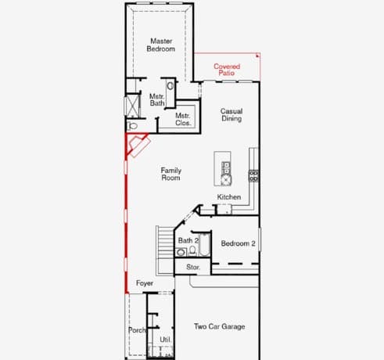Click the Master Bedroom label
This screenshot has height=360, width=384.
pos(161,45)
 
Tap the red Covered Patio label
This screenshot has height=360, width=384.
pos(227,70)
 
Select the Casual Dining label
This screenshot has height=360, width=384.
pos(231,115)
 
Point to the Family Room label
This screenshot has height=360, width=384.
pos(170,174)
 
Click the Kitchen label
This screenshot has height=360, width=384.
pos(229,197)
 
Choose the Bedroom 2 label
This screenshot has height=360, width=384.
pos(238,243)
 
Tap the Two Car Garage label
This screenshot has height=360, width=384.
pos(220,326)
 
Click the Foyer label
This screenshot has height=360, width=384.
pos(145,283)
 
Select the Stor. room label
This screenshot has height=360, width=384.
pos(193,267)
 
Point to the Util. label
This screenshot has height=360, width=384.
pos(165,340)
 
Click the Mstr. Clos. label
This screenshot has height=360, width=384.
pos(183,119)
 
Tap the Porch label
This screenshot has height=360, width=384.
pos(137,330)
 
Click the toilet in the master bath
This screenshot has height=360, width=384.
pos(132,126)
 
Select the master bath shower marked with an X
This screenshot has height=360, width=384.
pos(132,106)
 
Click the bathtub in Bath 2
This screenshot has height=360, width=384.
pos(204,244)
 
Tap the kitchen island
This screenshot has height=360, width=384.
pos(222,168)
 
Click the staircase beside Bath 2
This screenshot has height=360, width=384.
pos(165,250)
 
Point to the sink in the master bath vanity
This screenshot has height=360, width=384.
pos(170,86)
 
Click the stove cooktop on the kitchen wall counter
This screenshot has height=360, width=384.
pos(253,175)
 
